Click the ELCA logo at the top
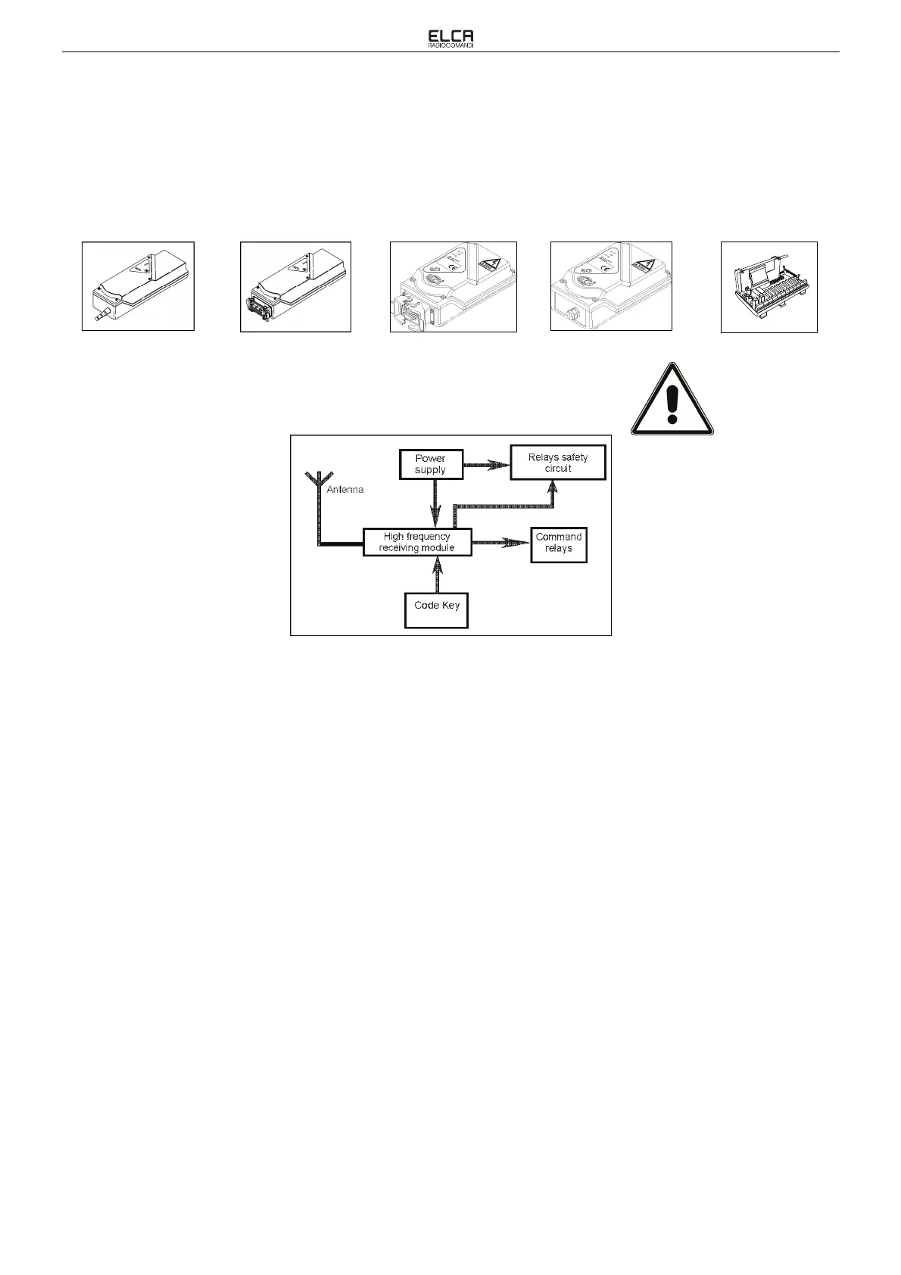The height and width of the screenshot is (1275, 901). pos(450,36)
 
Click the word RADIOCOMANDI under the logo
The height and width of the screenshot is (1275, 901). pos(450,45)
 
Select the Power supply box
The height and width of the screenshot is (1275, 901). pos(430,464)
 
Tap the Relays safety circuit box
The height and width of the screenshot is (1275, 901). pos(558,463)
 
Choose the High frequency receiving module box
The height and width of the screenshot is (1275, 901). pos(417,542)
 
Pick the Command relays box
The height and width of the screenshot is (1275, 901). pos(559,543)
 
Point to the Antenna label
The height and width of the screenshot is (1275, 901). pos(345,490)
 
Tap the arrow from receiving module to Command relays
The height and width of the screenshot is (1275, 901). pos(501,543)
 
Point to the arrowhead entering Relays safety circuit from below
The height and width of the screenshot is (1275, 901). pos(553,488)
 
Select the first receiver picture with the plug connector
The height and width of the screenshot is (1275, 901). pos(138,286)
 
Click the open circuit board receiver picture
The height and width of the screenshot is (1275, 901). pos(768,287)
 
